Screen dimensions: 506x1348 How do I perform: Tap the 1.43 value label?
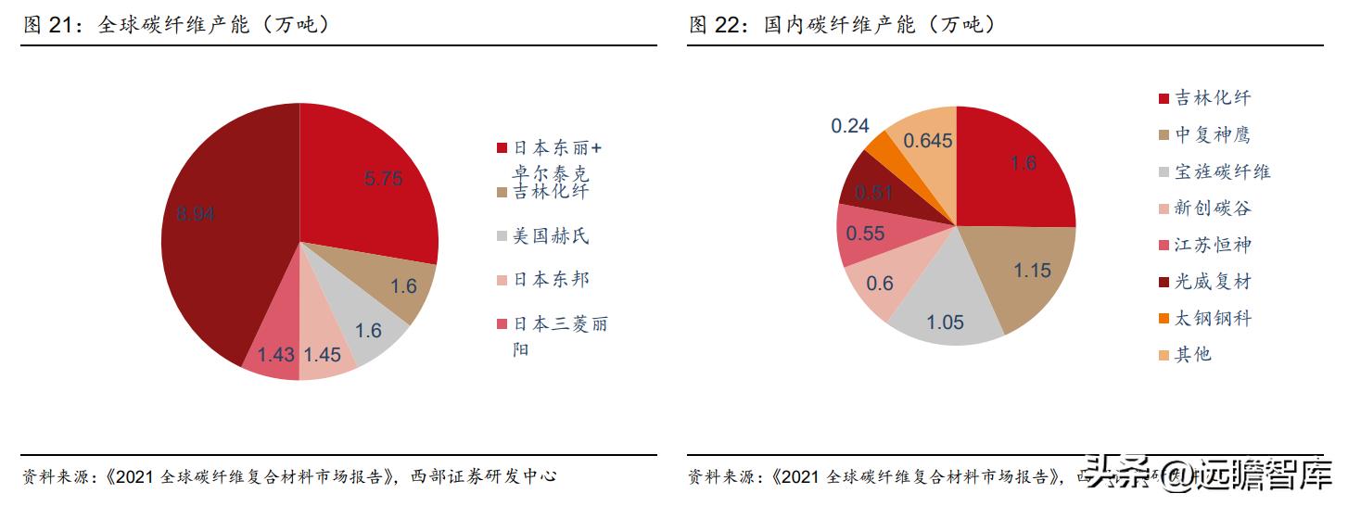coord(275,355)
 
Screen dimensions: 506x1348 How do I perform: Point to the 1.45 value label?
coord(322,355)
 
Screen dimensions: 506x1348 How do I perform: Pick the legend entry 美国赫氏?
coord(551,236)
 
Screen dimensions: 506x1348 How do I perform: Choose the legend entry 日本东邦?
coord(551,280)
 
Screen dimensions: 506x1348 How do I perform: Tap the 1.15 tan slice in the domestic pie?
coord(1024,273)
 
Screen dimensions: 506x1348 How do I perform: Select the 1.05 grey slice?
coord(946,310)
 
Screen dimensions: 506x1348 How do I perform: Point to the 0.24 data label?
coord(850,126)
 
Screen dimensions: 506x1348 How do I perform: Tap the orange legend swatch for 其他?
coord(1164,355)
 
